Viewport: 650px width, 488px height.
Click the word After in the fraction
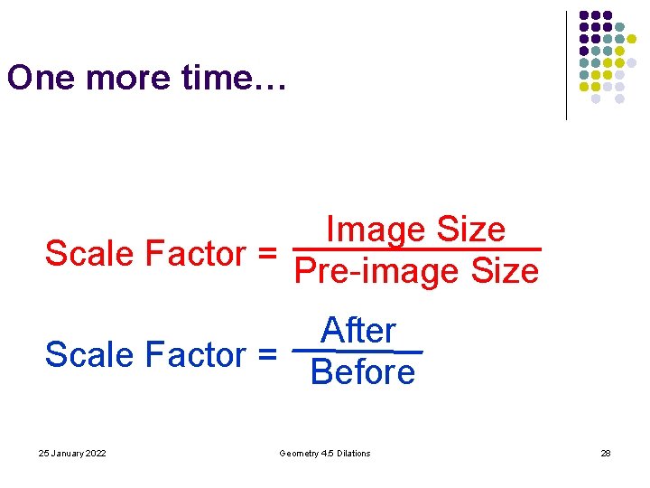click(358, 331)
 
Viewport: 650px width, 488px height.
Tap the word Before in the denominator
click(362, 372)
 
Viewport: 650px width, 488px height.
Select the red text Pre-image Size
click(416, 271)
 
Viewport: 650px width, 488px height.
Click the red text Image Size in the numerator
click(415, 230)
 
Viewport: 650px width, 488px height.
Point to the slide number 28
click(606, 453)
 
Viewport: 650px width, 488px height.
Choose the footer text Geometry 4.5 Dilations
click(325, 453)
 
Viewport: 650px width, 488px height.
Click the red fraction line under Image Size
click(417, 249)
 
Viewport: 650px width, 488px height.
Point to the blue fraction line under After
click(358, 351)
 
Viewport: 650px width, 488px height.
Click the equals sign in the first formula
click(265, 255)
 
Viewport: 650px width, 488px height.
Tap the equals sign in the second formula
click(265, 356)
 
